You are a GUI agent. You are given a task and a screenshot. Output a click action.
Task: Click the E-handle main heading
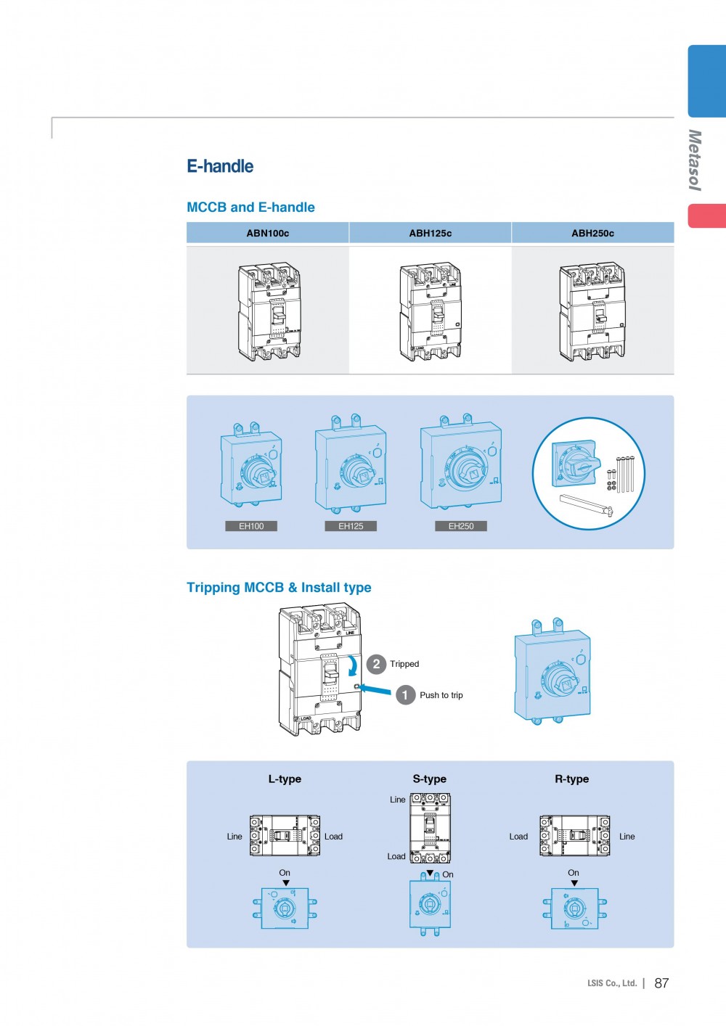(220, 166)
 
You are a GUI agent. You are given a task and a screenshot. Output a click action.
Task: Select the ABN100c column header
(268, 233)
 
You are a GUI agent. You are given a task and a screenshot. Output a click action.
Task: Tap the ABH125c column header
(431, 233)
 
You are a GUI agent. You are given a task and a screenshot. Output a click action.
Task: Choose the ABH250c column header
(592, 233)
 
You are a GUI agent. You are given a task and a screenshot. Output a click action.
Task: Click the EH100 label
(251, 526)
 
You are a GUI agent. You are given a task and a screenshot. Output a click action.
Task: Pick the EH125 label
(351, 526)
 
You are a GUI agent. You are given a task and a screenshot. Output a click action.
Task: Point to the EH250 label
(461, 526)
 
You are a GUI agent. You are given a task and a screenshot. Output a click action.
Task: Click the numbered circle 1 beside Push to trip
(405, 695)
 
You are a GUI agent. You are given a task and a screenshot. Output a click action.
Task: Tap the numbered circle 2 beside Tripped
(376, 664)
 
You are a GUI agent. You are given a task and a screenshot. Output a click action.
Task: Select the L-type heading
(285, 779)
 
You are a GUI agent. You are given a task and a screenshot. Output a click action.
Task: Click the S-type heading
(430, 779)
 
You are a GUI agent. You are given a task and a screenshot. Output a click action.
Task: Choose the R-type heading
(572, 779)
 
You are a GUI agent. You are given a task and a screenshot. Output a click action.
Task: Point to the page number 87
(661, 983)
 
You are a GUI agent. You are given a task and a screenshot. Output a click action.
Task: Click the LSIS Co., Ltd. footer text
(612, 983)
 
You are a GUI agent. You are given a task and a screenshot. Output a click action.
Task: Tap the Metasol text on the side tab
(695, 160)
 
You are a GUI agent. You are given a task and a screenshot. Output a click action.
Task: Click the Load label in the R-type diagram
(518, 837)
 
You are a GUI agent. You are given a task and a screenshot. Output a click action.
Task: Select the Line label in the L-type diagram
(234, 837)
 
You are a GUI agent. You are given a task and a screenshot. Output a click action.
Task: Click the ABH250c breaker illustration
(592, 311)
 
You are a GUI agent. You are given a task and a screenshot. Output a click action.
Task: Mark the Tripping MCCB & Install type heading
(279, 588)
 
